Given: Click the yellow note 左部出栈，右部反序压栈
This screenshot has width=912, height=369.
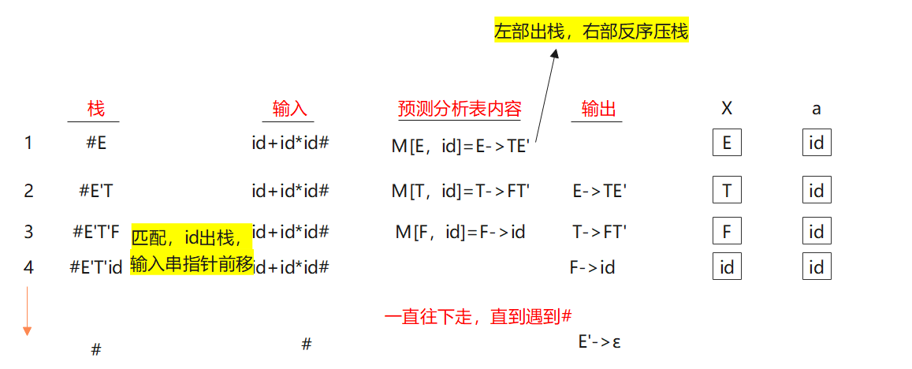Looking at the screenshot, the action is [x=591, y=32].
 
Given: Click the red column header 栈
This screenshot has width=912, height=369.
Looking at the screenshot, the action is [x=95, y=109].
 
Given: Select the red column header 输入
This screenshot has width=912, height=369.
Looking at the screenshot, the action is [x=289, y=109].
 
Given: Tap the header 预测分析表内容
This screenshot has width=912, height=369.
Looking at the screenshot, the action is [x=460, y=109].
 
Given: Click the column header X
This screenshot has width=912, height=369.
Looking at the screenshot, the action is [x=727, y=109].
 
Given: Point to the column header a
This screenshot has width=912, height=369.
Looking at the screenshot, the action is [x=817, y=109].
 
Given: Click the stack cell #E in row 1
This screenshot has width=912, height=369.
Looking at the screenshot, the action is [x=97, y=143].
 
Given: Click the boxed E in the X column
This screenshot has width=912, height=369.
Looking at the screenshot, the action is [x=727, y=143].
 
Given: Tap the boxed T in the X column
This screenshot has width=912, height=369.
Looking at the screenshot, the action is [x=727, y=190].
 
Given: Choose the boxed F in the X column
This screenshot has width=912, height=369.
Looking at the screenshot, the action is [x=727, y=232].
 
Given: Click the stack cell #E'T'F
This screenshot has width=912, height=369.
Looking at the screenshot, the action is [x=96, y=232].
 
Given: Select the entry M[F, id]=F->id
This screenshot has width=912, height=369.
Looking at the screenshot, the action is [x=460, y=232].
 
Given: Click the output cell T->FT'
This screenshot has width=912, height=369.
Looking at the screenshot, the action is [x=599, y=232].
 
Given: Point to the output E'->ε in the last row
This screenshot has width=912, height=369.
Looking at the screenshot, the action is [x=599, y=341].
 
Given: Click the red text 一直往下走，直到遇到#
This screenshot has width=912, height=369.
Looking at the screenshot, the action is [x=478, y=317].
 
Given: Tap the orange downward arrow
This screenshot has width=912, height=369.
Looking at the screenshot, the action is [x=28, y=311].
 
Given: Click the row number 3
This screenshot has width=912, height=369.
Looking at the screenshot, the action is [x=29, y=232].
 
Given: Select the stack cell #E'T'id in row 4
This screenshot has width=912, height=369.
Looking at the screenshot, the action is [x=96, y=267].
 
